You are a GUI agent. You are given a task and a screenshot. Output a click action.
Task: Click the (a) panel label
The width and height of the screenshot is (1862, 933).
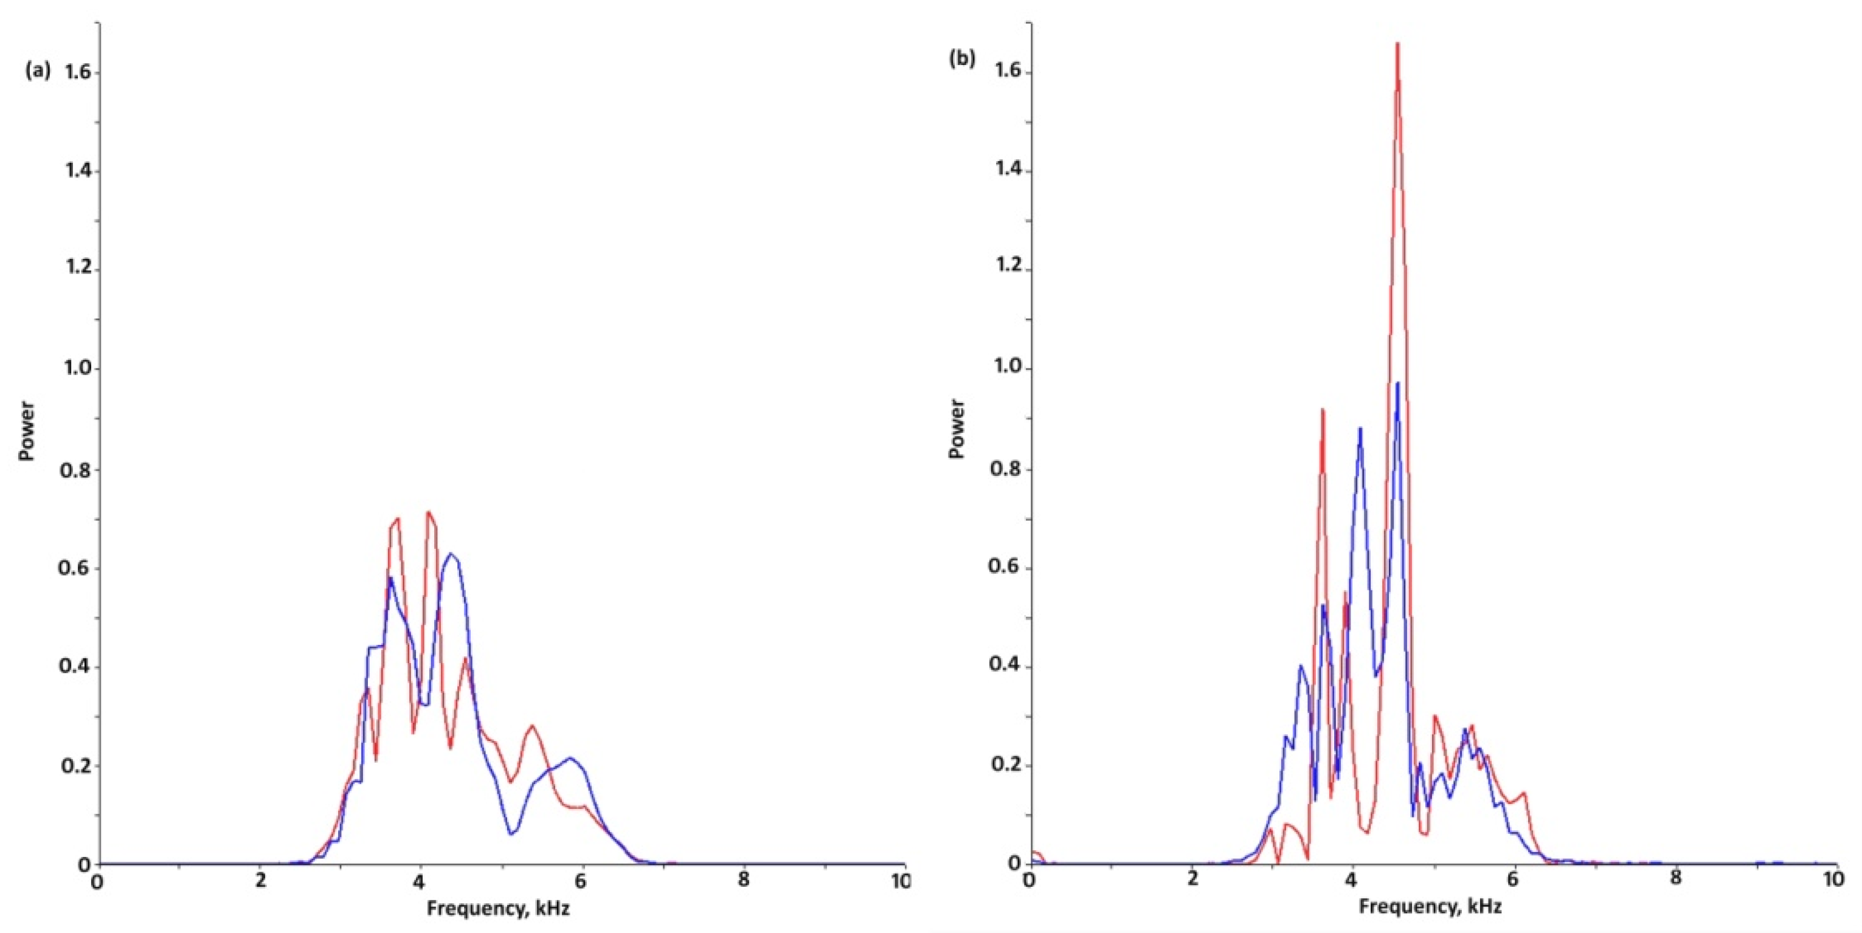tap(38, 71)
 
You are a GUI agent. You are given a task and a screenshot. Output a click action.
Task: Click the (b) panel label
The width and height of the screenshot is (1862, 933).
tap(961, 59)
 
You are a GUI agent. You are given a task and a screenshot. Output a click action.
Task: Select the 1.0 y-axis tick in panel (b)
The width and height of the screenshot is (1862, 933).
tap(1008, 368)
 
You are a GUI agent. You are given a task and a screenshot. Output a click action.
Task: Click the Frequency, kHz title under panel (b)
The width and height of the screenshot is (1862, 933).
tap(1430, 906)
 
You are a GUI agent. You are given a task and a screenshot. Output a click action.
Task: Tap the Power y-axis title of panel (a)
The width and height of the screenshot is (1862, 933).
tap(27, 431)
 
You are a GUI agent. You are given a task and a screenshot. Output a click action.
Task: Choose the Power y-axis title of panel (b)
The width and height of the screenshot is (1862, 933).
tap(957, 429)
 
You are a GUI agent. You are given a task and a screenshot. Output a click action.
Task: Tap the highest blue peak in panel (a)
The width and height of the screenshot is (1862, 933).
tap(451, 554)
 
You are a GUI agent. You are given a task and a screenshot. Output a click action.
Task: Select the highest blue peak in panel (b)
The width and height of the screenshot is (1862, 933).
tap(1397, 384)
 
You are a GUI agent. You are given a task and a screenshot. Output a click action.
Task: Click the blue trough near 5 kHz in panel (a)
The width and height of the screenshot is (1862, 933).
tap(510, 834)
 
